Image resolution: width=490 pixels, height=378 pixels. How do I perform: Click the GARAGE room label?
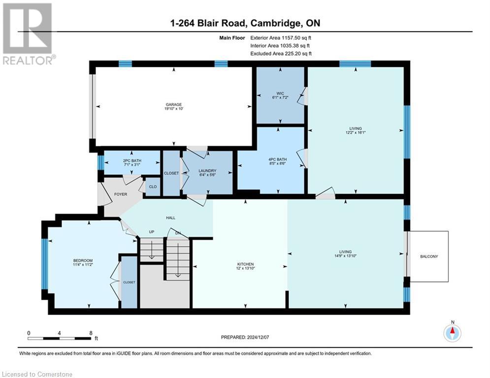click(x=174, y=104)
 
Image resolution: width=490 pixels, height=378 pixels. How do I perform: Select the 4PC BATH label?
click(x=271, y=159)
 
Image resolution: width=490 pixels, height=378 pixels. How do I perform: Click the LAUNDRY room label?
click(x=207, y=171)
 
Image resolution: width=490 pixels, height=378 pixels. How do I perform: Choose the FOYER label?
click(x=121, y=194)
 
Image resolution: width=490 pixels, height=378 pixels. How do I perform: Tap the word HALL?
click(x=170, y=218)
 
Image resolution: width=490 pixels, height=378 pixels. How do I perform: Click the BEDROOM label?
click(x=83, y=260)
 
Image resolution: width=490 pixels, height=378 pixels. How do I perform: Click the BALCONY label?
click(x=428, y=256)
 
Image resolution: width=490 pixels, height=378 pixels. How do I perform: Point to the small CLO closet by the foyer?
click(x=153, y=187)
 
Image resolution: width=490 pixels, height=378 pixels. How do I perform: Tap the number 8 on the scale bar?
click(x=91, y=333)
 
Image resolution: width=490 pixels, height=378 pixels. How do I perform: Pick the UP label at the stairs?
click(x=152, y=232)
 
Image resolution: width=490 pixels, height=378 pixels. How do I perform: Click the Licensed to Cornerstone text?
click(x=37, y=375)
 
